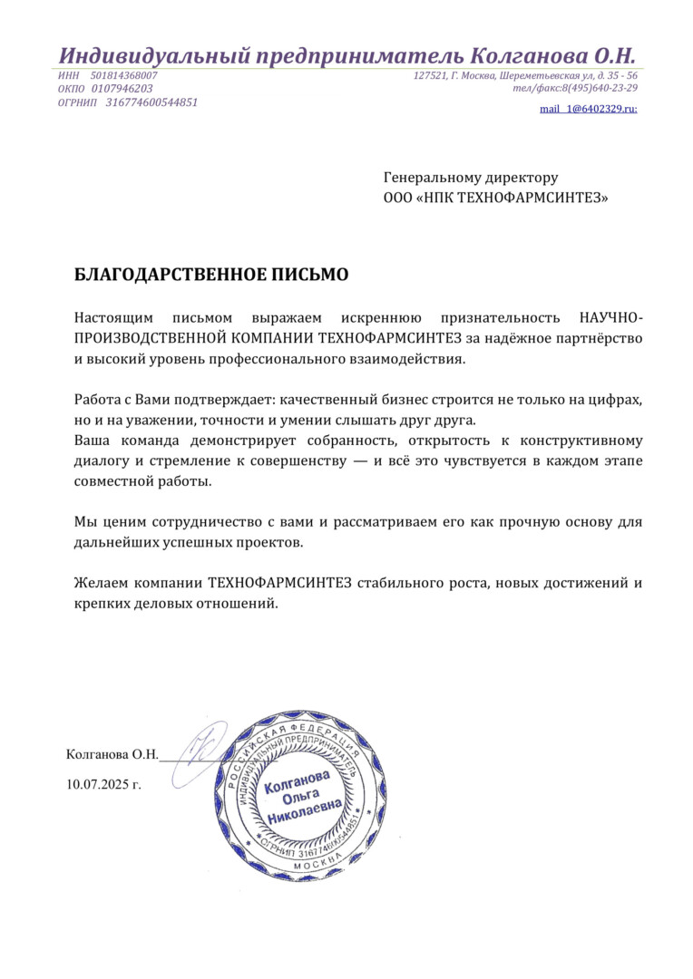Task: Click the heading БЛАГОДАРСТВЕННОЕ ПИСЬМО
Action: pyautogui.click(x=210, y=275)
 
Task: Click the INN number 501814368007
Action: pyautogui.click(x=124, y=75)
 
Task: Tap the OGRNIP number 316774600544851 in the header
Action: pyautogui.click(x=151, y=102)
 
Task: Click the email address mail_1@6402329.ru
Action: pyautogui.click(x=588, y=109)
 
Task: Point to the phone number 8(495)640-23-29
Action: pyautogui.click(x=599, y=88)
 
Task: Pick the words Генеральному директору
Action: pyautogui.click(x=471, y=178)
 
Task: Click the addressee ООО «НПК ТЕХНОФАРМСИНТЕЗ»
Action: pyautogui.click(x=496, y=197)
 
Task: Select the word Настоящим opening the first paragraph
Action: pyautogui.click(x=108, y=318)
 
